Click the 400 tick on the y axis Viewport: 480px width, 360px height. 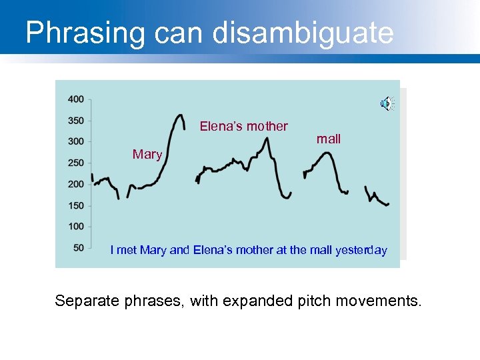click(x=75, y=99)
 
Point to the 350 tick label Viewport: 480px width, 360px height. click(x=75, y=121)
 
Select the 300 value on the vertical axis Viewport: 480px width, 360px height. click(x=75, y=141)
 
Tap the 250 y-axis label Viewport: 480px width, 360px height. click(x=75, y=163)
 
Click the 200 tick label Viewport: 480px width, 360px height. click(x=75, y=184)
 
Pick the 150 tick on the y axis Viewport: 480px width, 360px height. click(x=75, y=205)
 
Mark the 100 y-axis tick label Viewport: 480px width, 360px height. click(x=75, y=227)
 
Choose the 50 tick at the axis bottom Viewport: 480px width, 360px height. click(x=78, y=248)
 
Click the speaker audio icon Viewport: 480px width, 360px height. click(x=386, y=103)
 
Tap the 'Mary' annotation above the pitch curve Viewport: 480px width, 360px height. click(x=147, y=155)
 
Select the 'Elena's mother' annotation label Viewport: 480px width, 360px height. click(x=244, y=126)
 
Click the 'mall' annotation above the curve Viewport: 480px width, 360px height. click(x=329, y=139)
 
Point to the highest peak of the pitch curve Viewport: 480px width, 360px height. click(x=179, y=115)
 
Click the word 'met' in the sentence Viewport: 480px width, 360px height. click(x=127, y=250)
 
